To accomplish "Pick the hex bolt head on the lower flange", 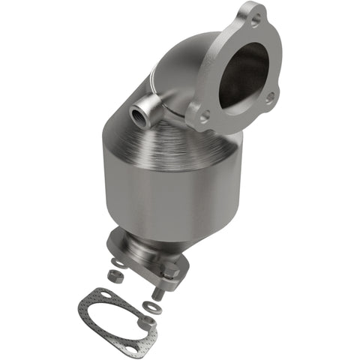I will tap(169, 267).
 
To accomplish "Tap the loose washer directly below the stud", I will tap(154, 307).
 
